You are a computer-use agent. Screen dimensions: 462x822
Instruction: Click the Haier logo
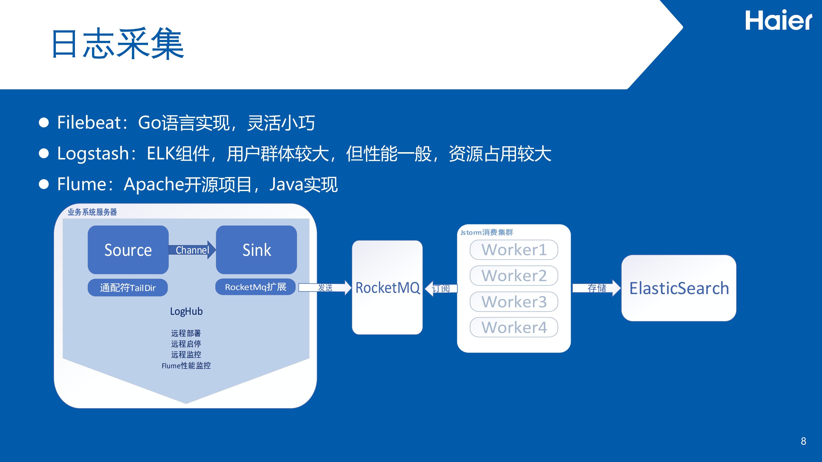[778, 20]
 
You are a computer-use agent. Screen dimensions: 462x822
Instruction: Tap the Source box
[128, 250]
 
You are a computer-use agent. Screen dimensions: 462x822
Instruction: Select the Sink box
[256, 250]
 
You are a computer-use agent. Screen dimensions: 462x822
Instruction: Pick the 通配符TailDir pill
[128, 288]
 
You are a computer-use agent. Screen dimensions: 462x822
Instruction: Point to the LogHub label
[186, 311]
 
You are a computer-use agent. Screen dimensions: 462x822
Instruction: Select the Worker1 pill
[514, 250]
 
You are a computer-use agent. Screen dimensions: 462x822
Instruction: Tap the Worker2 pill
[514, 275]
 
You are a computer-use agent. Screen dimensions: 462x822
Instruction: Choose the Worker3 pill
[514, 302]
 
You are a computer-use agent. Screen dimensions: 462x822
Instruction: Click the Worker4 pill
[514, 327]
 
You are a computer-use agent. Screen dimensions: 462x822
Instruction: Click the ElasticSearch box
[679, 288]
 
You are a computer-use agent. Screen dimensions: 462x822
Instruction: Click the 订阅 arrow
[441, 288]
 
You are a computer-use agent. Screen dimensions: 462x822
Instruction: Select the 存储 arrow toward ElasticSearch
[596, 288]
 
